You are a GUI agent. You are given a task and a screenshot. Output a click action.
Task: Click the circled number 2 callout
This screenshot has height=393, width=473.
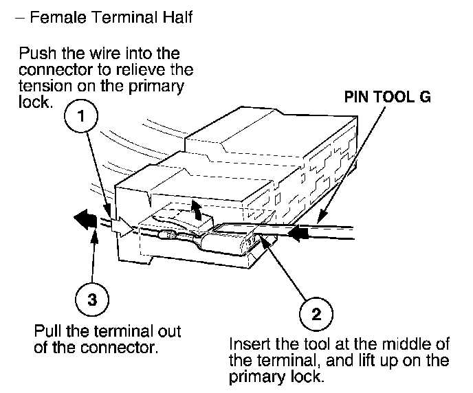pos(316,314)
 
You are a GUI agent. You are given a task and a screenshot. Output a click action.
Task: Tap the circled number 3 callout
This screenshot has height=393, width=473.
pos(90,299)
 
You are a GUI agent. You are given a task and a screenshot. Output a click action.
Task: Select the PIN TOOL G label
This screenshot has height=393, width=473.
pos(388,97)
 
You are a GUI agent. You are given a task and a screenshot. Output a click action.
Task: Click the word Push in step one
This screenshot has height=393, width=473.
pos(36,54)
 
